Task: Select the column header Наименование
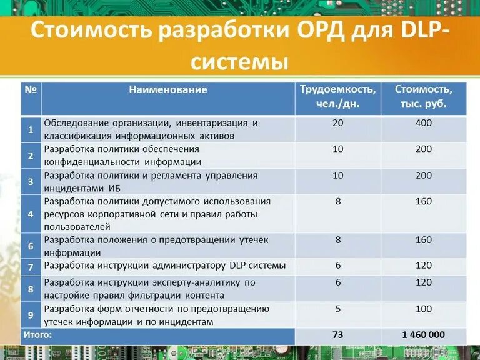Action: pyautogui.click(x=168, y=89)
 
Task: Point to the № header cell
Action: pyautogui.click(x=31, y=89)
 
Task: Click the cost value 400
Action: pyautogui.click(x=423, y=123)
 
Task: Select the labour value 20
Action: pyautogui.click(x=338, y=123)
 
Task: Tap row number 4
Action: pyautogui.click(x=31, y=214)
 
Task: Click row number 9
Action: pyautogui.click(x=31, y=315)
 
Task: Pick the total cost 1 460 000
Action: pyautogui.click(x=423, y=335)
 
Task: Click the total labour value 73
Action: pyautogui.click(x=338, y=335)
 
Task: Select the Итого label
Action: pyautogui.click(x=39, y=335)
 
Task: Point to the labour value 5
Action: pyautogui.click(x=338, y=309)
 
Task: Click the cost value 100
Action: pyautogui.click(x=423, y=309)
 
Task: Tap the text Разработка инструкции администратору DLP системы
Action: pyautogui.click(x=164, y=266)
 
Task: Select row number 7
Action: pyautogui.click(x=31, y=267)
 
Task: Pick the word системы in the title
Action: pyautogui.click(x=239, y=62)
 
